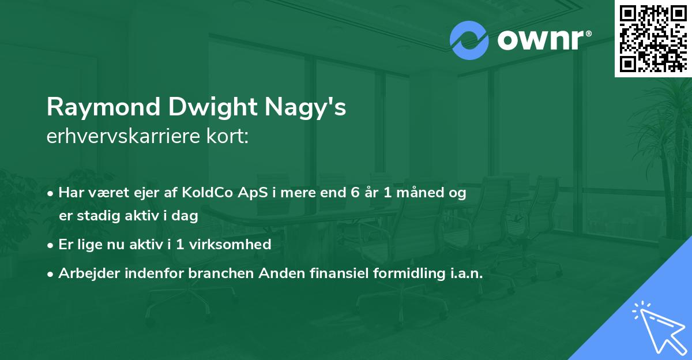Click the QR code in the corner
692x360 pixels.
(x=653, y=38)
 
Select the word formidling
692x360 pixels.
(x=402, y=273)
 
